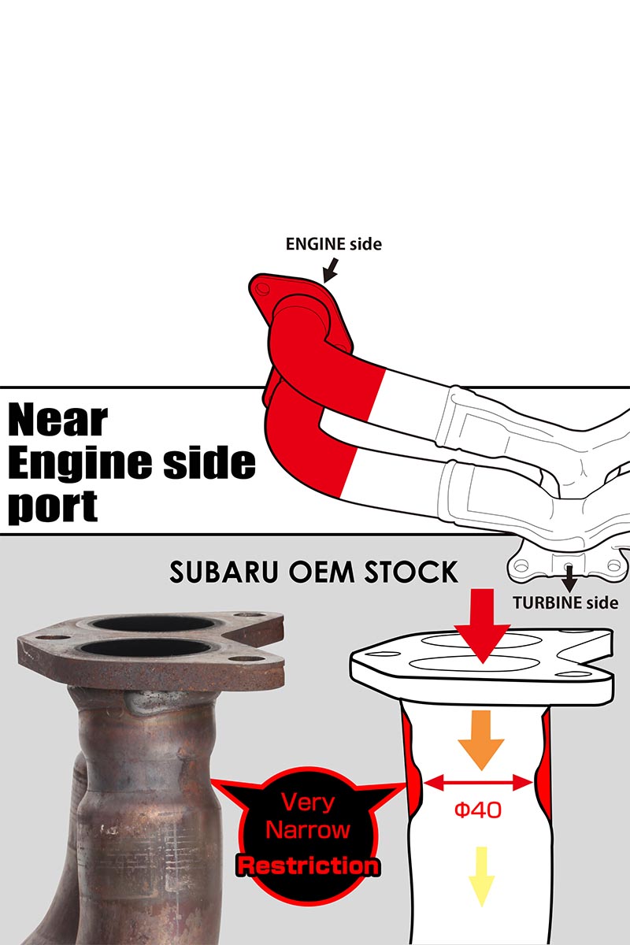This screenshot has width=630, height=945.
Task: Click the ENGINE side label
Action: click(333, 244)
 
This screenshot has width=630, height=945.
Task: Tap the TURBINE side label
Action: click(565, 603)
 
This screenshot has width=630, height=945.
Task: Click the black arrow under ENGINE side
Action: click(331, 271)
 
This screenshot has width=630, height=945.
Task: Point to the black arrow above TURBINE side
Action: click(569, 578)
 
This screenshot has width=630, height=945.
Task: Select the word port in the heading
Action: click(53, 506)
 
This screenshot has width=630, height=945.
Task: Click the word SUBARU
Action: click(224, 573)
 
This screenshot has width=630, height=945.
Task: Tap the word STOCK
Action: click(411, 573)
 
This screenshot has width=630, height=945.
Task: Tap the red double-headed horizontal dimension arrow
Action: click(479, 783)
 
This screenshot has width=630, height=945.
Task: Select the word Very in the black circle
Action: click(308, 802)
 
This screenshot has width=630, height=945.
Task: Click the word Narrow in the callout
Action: click(308, 830)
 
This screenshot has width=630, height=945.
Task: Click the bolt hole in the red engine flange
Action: click(263, 289)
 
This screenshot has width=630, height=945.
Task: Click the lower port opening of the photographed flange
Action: click(146, 649)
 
